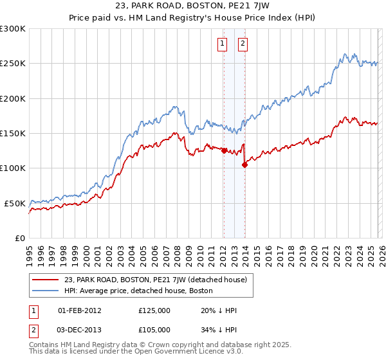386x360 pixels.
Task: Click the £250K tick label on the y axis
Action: pos(13,64)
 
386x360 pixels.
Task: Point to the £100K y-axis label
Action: pos(13,168)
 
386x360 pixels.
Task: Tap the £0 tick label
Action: pos(19,238)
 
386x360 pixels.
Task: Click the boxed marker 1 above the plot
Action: pos(222,44)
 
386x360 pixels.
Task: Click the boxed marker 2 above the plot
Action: pos(243,44)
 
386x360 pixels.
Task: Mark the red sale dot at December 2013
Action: pos(244,165)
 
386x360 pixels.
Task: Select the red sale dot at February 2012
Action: pos(224,151)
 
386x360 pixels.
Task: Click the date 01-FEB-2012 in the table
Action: pos(79,310)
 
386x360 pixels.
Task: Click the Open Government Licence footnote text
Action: pos(135,354)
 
